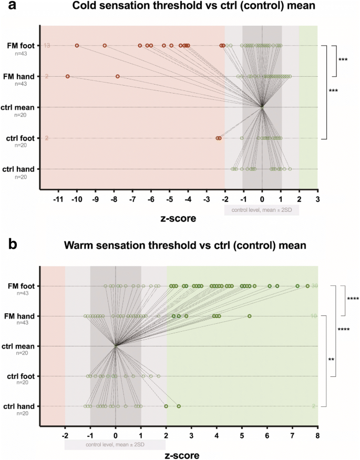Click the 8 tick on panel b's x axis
317,435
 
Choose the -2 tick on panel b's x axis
65,435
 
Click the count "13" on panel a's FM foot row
47,46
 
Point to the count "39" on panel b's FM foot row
314,286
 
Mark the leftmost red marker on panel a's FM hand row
67,76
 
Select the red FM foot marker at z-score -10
77,46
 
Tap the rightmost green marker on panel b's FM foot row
307,286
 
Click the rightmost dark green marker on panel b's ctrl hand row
179,406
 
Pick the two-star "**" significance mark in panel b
331,360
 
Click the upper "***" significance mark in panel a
343,60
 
